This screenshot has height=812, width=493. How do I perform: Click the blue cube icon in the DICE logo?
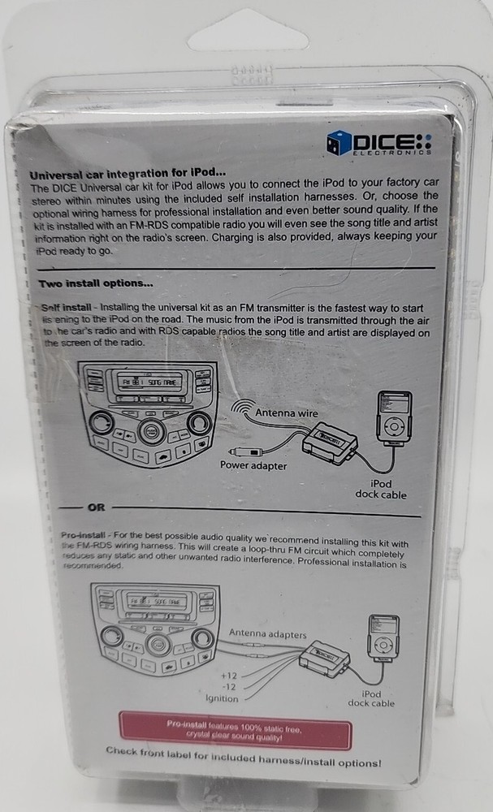coord(338,143)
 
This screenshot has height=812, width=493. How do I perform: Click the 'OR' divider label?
coord(96,508)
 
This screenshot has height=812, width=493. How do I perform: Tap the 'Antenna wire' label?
coord(286,413)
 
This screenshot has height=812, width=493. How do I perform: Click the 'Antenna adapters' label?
coord(267,633)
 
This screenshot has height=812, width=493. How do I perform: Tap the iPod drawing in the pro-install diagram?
coord(383,637)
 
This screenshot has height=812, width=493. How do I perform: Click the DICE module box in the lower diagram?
coord(323,654)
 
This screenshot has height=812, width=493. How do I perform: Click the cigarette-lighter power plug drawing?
coord(243,450)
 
